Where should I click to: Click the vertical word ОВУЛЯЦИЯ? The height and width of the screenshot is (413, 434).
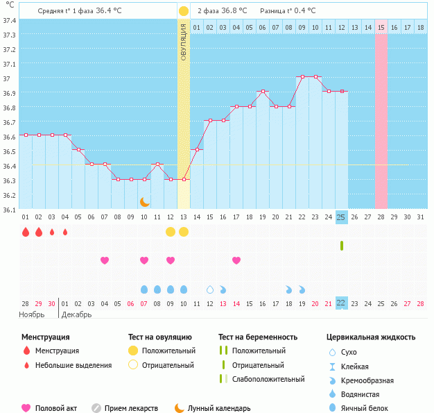point(183,41)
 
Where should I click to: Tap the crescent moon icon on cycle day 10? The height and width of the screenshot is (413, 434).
point(144,202)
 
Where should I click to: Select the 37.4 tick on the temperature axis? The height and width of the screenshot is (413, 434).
point(10,20)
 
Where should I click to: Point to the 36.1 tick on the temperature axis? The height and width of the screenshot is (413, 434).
point(10,209)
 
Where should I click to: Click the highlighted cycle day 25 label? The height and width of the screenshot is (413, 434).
point(341,217)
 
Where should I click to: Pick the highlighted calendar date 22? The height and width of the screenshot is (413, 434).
point(341,303)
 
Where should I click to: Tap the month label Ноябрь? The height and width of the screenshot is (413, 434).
point(32,314)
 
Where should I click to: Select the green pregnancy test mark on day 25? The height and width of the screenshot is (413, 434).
point(341,245)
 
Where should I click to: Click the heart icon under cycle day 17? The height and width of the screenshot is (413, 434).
point(236,260)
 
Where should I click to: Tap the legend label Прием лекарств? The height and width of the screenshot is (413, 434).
point(131,408)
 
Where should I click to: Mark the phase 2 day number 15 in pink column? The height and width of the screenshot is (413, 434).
point(381,27)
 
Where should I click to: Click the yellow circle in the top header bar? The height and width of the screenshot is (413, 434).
point(183,11)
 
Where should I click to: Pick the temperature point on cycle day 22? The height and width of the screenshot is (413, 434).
point(302,76)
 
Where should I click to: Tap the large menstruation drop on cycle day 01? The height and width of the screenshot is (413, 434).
point(26,232)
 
